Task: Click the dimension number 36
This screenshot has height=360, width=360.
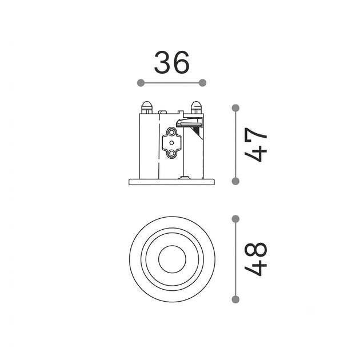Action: (x=172, y=62)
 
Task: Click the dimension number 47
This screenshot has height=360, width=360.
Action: (x=255, y=145)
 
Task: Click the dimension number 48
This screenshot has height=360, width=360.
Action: (x=255, y=259)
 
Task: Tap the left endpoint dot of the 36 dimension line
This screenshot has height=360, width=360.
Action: (x=141, y=83)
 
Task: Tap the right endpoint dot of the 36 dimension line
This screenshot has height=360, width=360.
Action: (x=202, y=83)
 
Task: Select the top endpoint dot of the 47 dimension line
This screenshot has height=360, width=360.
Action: (x=235, y=108)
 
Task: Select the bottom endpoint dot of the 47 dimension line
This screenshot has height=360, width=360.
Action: (x=235, y=181)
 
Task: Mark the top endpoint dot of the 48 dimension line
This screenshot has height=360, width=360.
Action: (x=235, y=219)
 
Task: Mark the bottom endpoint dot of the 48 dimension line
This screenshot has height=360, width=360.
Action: (x=235, y=299)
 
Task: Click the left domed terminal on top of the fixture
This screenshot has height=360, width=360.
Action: (x=147, y=107)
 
